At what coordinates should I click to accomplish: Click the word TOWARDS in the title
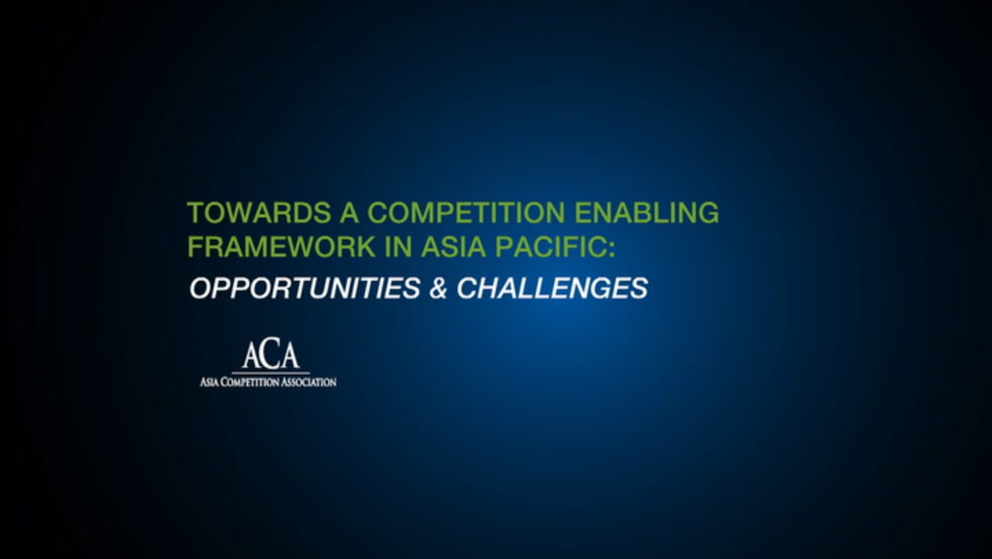[259, 213]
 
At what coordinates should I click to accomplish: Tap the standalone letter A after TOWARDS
[350, 213]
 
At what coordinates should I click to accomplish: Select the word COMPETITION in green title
[466, 213]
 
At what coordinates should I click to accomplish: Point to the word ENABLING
[646, 213]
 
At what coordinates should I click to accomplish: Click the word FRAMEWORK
[282, 247]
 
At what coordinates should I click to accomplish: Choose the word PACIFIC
[548, 247]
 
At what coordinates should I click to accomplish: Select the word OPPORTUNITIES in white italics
[305, 288]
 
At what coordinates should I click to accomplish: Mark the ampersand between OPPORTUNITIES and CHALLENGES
[438, 288]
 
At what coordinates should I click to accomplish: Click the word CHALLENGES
[552, 288]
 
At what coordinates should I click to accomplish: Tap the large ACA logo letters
[270, 353]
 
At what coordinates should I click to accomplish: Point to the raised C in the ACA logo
[270, 352]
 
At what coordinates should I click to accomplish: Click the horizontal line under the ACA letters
[270, 373]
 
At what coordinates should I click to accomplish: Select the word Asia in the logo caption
[209, 382]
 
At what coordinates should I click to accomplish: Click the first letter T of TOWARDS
[196, 213]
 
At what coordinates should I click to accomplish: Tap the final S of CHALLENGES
[639, 288]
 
